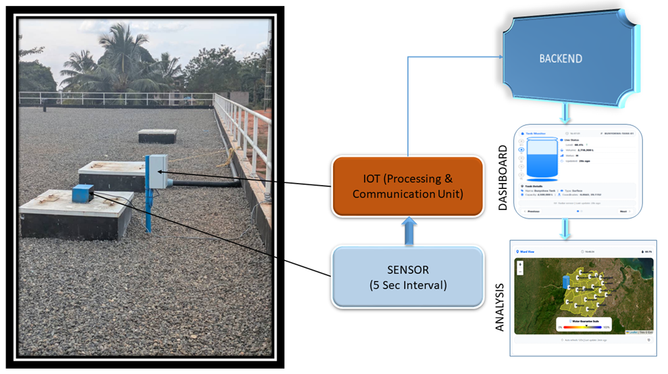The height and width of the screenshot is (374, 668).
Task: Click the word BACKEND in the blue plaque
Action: (560, 58)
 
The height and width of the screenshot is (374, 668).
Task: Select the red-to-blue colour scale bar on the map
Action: (583, 326)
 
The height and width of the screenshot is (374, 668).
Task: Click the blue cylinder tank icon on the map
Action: (565, 287)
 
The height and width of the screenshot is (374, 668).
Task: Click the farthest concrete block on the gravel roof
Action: (157, 136)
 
